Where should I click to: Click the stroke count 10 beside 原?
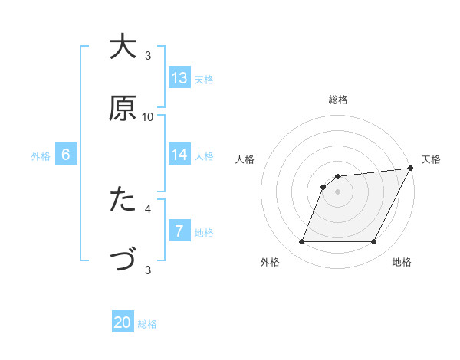[x=148, y=116]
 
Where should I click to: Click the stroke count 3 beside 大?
[x=148, y=55]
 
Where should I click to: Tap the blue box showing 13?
[x=179, y=78]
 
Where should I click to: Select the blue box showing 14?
[x=179, y=155]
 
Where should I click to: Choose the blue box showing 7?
[x=179, y=231]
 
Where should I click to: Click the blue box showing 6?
[x=66, y=155]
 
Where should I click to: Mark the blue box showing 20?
[x=123, y=323]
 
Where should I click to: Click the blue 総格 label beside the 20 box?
[x=147, y=324]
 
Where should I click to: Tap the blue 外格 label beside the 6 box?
[x=41, y=155]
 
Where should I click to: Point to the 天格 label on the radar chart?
[x=431, y=159]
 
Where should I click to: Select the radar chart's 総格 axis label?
[x=338, y=100]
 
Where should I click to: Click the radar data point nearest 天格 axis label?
[x=411, y=168]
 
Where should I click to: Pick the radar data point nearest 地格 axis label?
[x=374, y=242]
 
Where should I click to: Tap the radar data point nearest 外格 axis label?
[x=301, y=242]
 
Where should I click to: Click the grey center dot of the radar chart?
[x=338, y=191]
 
